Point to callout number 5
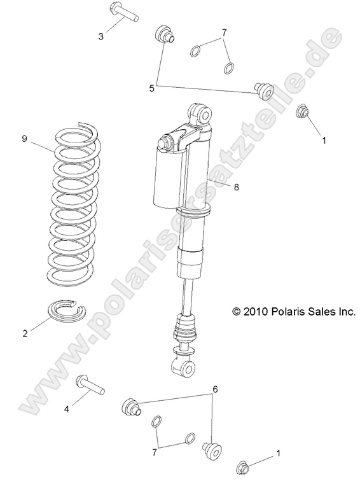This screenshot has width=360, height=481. pyautogui.click(x=152, y=88)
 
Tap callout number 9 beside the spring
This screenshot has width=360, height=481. pyautogui.click(x=24, y=139)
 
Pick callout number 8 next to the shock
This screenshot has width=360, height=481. pyautogui.click(x=237, y=187)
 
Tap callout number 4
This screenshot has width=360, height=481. pyautogui.click(x=66, y=409)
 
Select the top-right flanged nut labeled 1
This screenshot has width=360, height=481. pyautogui.click(x=303, y=113)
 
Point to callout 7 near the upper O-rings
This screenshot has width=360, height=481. pyautogui.click(x=224, y=32)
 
